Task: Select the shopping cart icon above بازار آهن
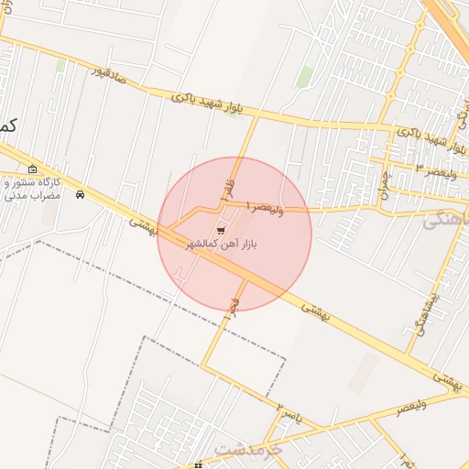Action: coord(220,231)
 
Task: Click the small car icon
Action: coord(81,194)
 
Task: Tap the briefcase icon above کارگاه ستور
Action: coord(33,169)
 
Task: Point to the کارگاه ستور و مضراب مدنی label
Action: coord(29,189)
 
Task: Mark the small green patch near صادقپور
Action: coord(60,65)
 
